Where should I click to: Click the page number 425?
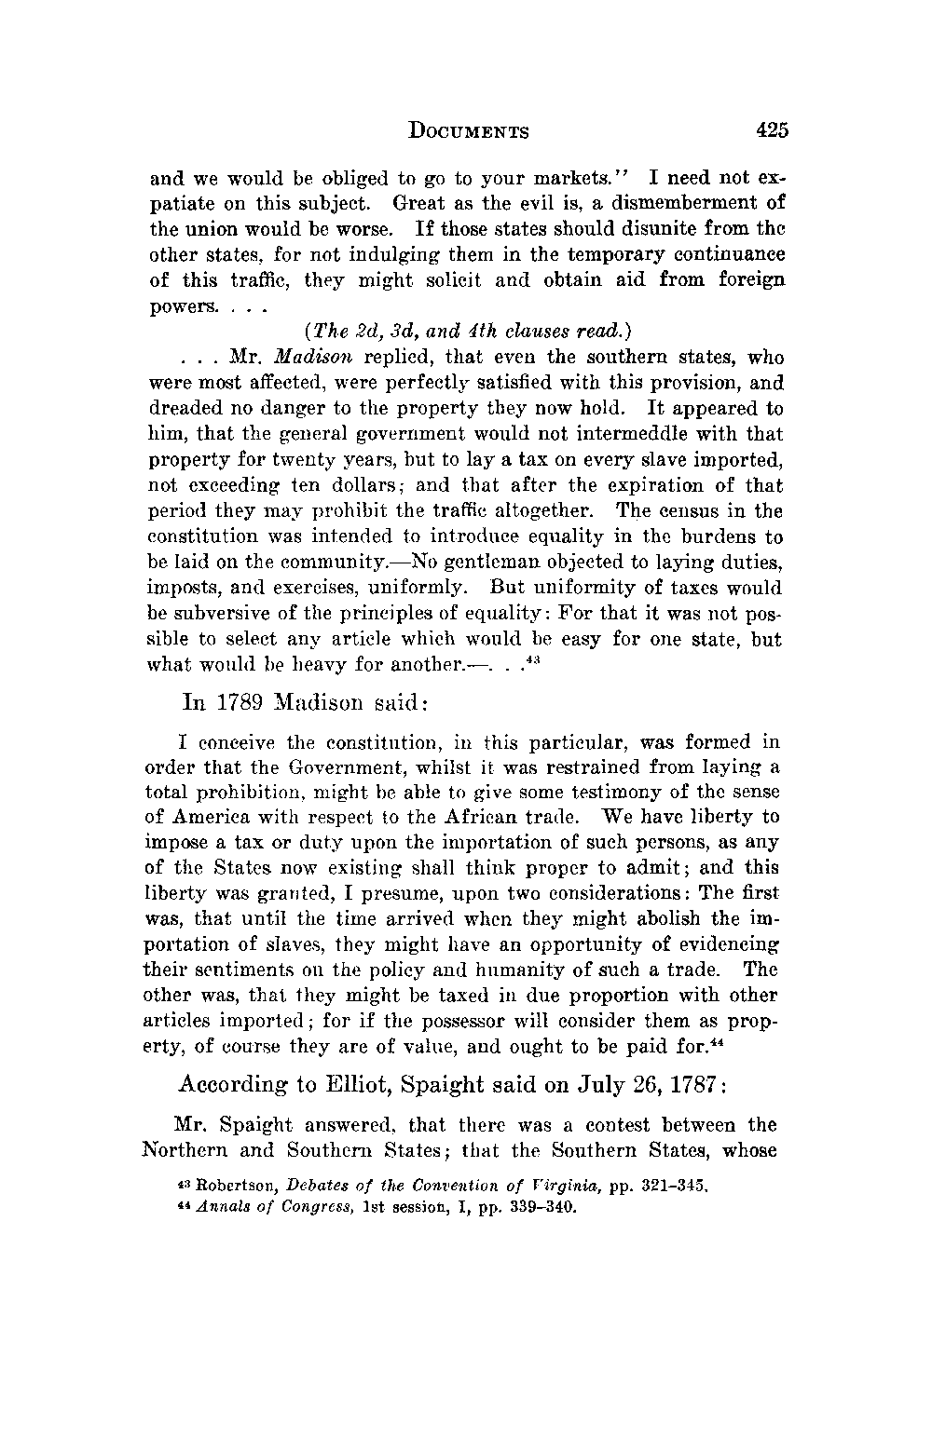pos(773,130)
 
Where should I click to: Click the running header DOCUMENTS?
pos(469,131)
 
